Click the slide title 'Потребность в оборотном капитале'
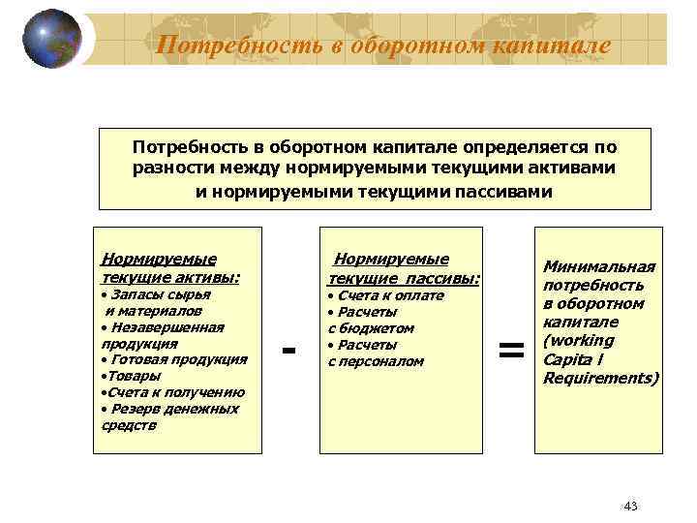383,45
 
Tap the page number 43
631,507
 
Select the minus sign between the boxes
288,348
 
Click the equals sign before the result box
511,351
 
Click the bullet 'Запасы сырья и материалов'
155,302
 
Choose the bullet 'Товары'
132,376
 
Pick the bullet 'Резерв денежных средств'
169,416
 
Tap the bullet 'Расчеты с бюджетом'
373,320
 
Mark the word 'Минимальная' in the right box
598,267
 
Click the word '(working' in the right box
578,340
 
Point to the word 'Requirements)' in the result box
600,378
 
